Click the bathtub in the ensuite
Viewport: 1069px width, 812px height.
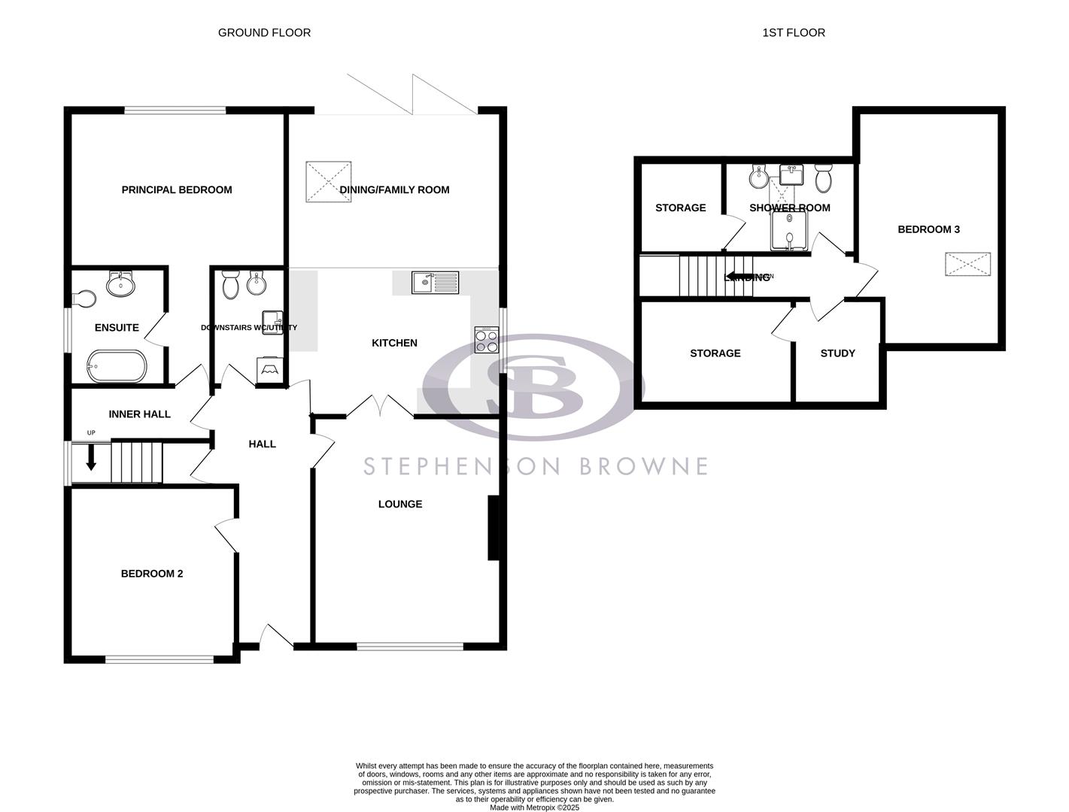click(x=117, y=366)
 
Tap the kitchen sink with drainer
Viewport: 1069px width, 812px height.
click(x=435, y=283)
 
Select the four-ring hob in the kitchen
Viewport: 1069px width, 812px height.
click(x=487, y=340)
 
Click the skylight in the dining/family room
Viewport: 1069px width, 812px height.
click(x=329, y=181)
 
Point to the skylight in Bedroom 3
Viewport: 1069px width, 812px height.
click(x=967, y=265)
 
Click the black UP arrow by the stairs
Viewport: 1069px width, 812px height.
click(x=91, y=457)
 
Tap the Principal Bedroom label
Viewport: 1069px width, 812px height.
click(x=177, y=190)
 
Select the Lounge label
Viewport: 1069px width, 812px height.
click(x=399, y=504)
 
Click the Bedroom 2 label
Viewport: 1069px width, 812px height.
click(x=152, y=574)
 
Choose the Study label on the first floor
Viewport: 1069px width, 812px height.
click(x=837, y=353)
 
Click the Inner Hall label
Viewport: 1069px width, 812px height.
click(x=139, y=414)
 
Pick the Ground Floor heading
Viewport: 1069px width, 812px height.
click(x=264, y=32)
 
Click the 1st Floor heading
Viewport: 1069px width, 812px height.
click(x=794, y=32)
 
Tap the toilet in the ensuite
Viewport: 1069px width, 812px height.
click(x=84, y=299)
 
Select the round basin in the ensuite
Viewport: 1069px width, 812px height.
click(x=120, y=284)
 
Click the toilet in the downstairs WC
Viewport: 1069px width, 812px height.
click(x=230, y=284)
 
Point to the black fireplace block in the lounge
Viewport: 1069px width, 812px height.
click(x=494, y=528)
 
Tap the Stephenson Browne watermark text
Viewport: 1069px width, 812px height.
click(x=536, y=466)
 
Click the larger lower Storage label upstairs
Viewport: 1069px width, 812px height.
click(x=715, y=353)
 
